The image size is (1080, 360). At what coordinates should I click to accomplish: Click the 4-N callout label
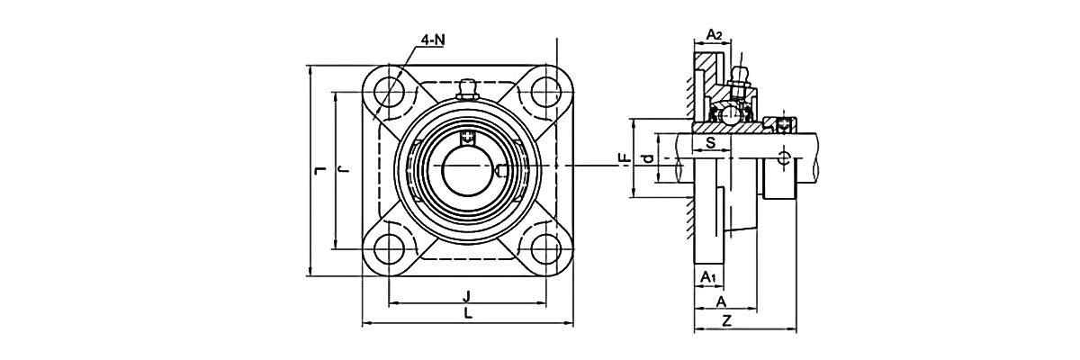point(433,40)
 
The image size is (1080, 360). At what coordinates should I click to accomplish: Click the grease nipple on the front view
point(467,88)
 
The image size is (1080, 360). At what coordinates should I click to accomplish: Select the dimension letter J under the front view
point(467,296)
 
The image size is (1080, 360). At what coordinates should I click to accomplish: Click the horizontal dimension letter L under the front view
point(467,313)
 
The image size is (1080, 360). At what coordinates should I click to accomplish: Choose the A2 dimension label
point(713,34)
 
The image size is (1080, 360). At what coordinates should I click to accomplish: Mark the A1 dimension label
point(708,276)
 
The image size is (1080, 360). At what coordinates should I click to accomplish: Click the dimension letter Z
point(725,320)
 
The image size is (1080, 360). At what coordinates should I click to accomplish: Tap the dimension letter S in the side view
point(710,143)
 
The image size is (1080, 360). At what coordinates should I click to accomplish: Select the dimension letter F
point(623,158)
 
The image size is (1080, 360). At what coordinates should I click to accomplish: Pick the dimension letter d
point(645,159)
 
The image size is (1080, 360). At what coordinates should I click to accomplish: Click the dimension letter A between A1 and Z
point(721,302)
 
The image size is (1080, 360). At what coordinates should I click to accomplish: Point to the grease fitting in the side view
point(741,77)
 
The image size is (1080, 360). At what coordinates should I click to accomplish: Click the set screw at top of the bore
point(467,137)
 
